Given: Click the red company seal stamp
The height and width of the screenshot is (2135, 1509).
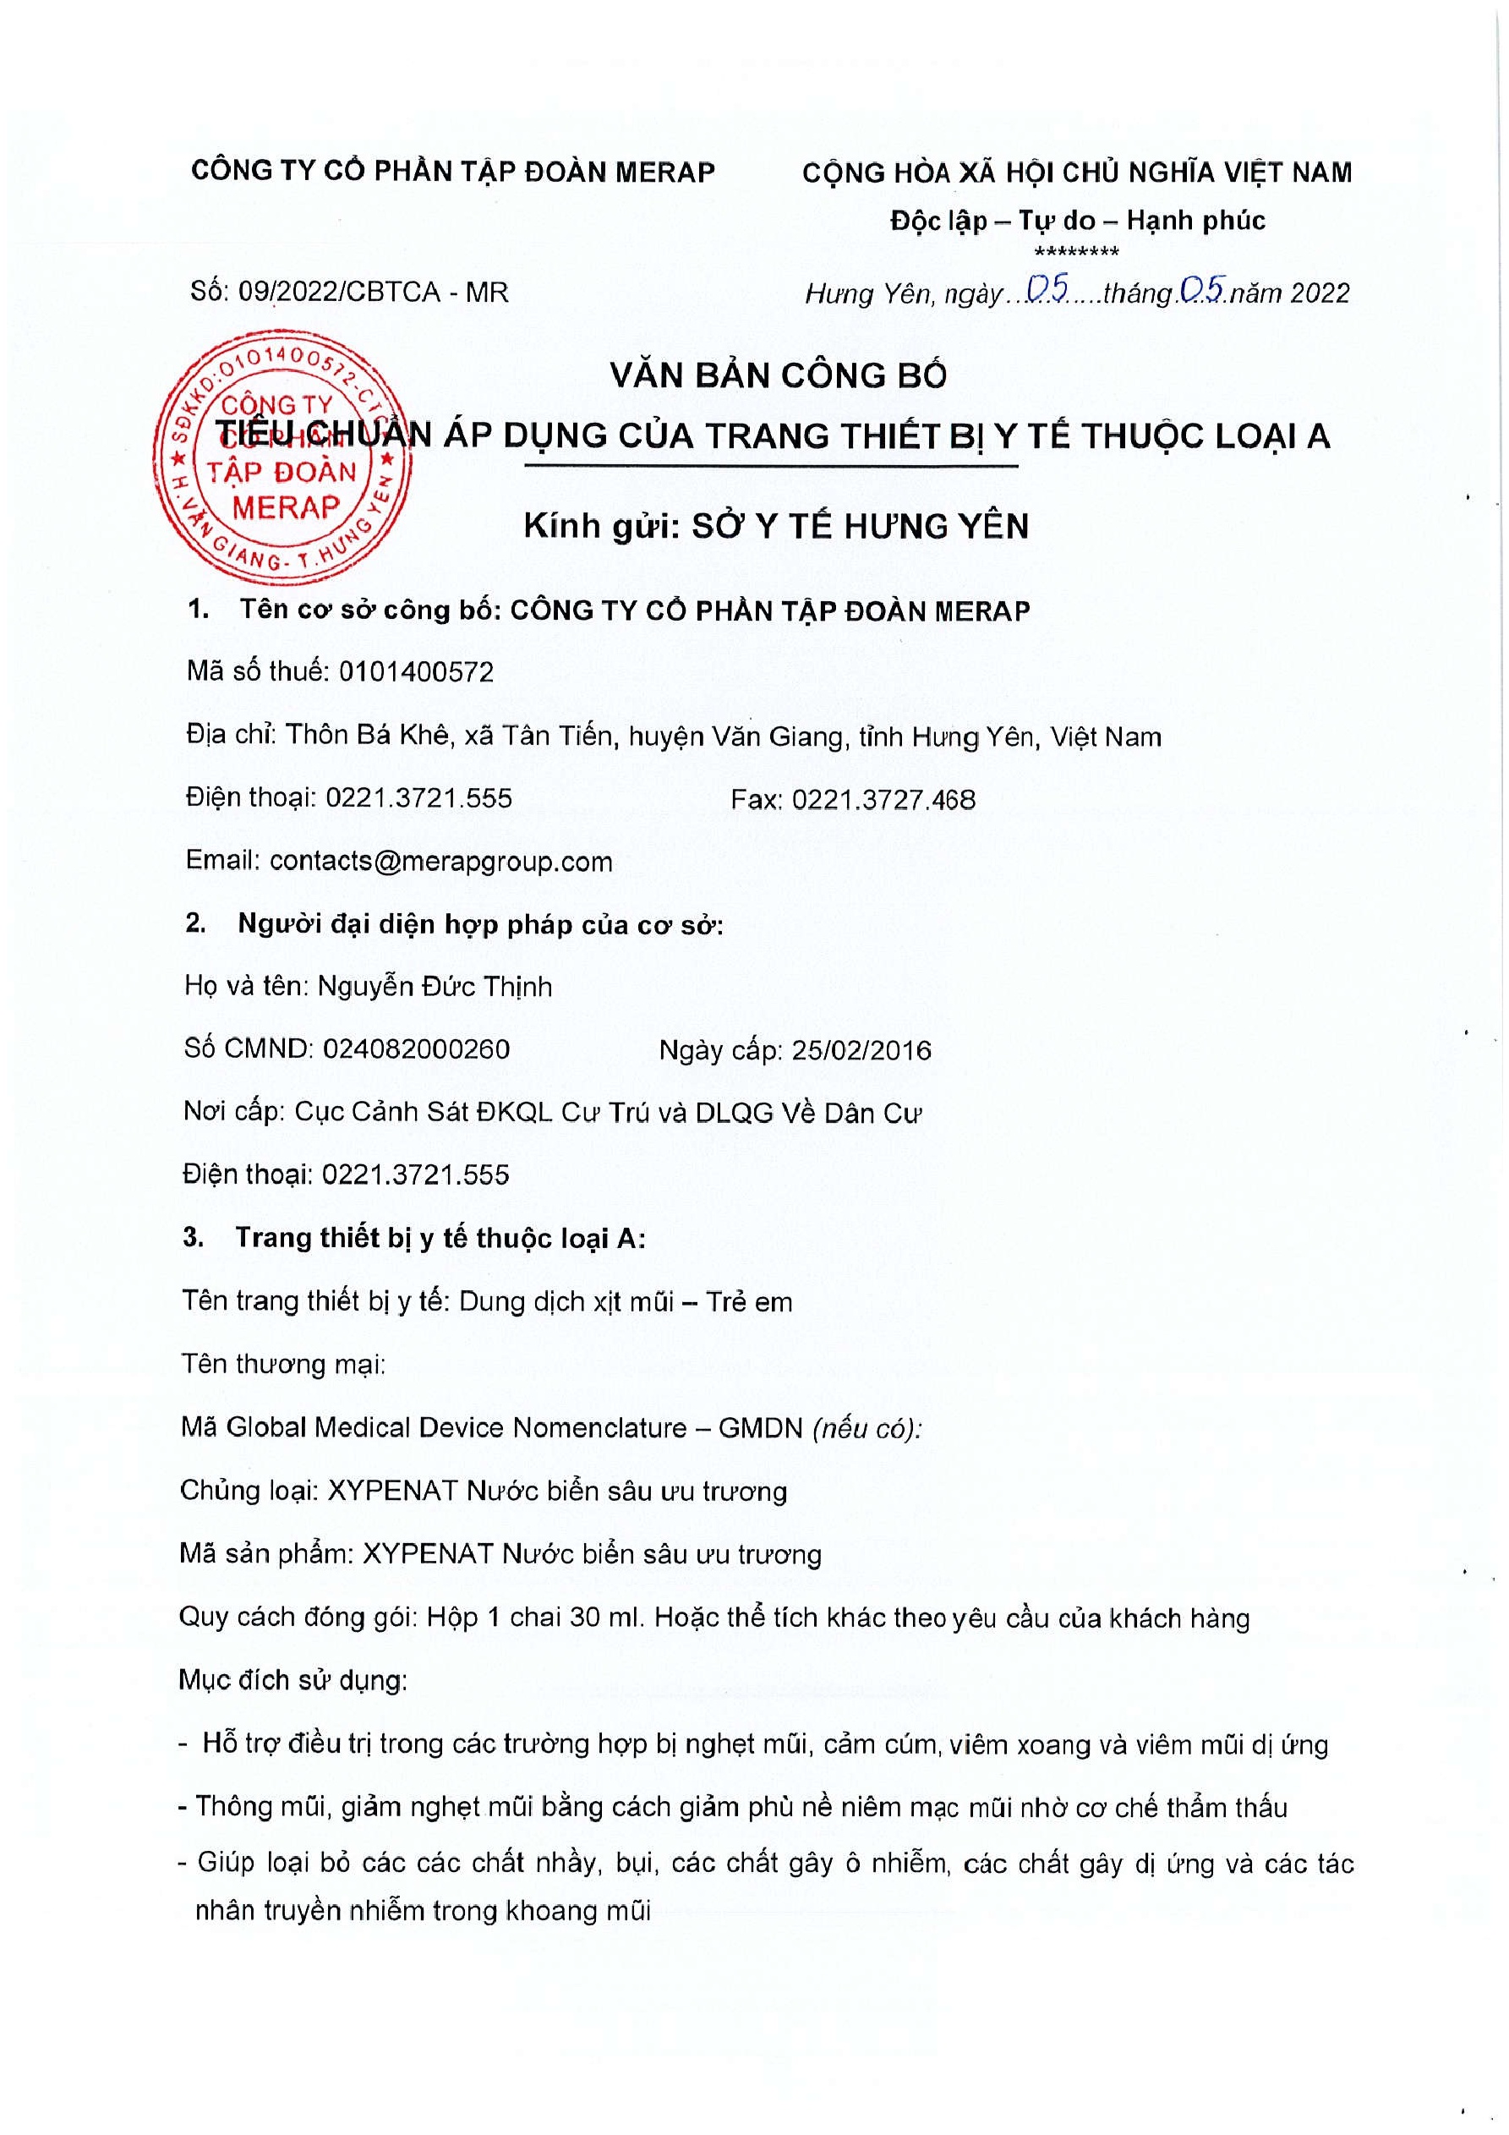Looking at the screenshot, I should (x=283, y=457).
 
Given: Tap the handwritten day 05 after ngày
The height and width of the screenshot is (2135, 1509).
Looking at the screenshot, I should (x=1047, y=290).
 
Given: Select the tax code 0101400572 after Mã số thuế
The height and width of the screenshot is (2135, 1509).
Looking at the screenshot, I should (x=416, y=671).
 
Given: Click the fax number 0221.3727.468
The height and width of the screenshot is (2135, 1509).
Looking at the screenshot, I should (x=883, y=800).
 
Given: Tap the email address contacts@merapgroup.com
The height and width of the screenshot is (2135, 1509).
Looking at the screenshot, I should (x=440, y=861).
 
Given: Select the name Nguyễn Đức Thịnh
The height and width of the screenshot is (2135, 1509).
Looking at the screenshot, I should (x=435, y=987).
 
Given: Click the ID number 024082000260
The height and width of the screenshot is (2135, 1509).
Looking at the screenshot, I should (x=416, y=1049).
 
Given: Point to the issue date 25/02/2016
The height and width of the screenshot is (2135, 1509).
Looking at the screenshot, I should (x=861, y=1051).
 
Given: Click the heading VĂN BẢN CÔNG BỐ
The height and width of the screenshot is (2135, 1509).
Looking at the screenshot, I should (x=779, y=375).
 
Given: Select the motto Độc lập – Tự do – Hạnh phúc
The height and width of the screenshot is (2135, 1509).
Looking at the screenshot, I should (x=1077, y=221).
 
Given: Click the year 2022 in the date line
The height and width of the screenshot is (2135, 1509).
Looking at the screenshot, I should (x=1320, y=293).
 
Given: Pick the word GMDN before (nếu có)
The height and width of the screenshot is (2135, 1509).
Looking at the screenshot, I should (x=760, y=1428).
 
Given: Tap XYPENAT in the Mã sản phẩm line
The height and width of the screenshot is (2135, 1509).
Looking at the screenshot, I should (x=428, y=1555).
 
